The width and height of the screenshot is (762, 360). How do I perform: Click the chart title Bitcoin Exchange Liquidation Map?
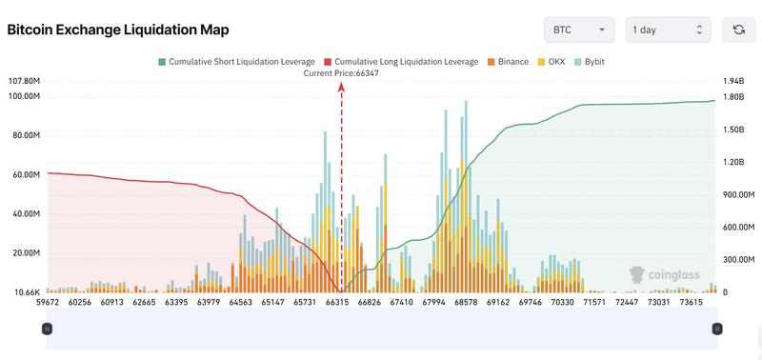pyautogui.click(x=118, y=30)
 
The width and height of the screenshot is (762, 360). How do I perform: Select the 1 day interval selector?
pyautogui.click(x=668, y=30)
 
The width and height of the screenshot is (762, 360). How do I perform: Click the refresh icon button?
pyautogui.click(x=738, y=30)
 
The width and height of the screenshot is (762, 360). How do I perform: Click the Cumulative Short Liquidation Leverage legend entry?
pyautogui.click(x=235, y=61)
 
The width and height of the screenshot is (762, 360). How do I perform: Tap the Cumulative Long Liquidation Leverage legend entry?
pyautogui.click(x=401, y=61)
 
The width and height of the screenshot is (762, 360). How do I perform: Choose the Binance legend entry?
pyautogui.click(x=507, y=61)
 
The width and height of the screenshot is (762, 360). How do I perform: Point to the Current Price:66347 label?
pyautogui.click(x=341, y=72)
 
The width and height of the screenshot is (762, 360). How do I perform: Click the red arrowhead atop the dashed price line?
pyautogui.click(x=341, y=86)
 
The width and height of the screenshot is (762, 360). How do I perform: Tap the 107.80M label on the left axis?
pyautogui.click(x=23, y=81)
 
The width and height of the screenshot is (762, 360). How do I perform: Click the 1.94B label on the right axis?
pyautogui.click(x=733, y=81)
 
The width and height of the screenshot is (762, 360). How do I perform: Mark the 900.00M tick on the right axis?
pyautogui.click(x=737, y=194)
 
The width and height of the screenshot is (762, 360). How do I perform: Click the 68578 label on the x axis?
pyautogui.click(x=466, y=302)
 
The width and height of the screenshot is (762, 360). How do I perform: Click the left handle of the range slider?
pyautogui.click(x=47, y=329)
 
